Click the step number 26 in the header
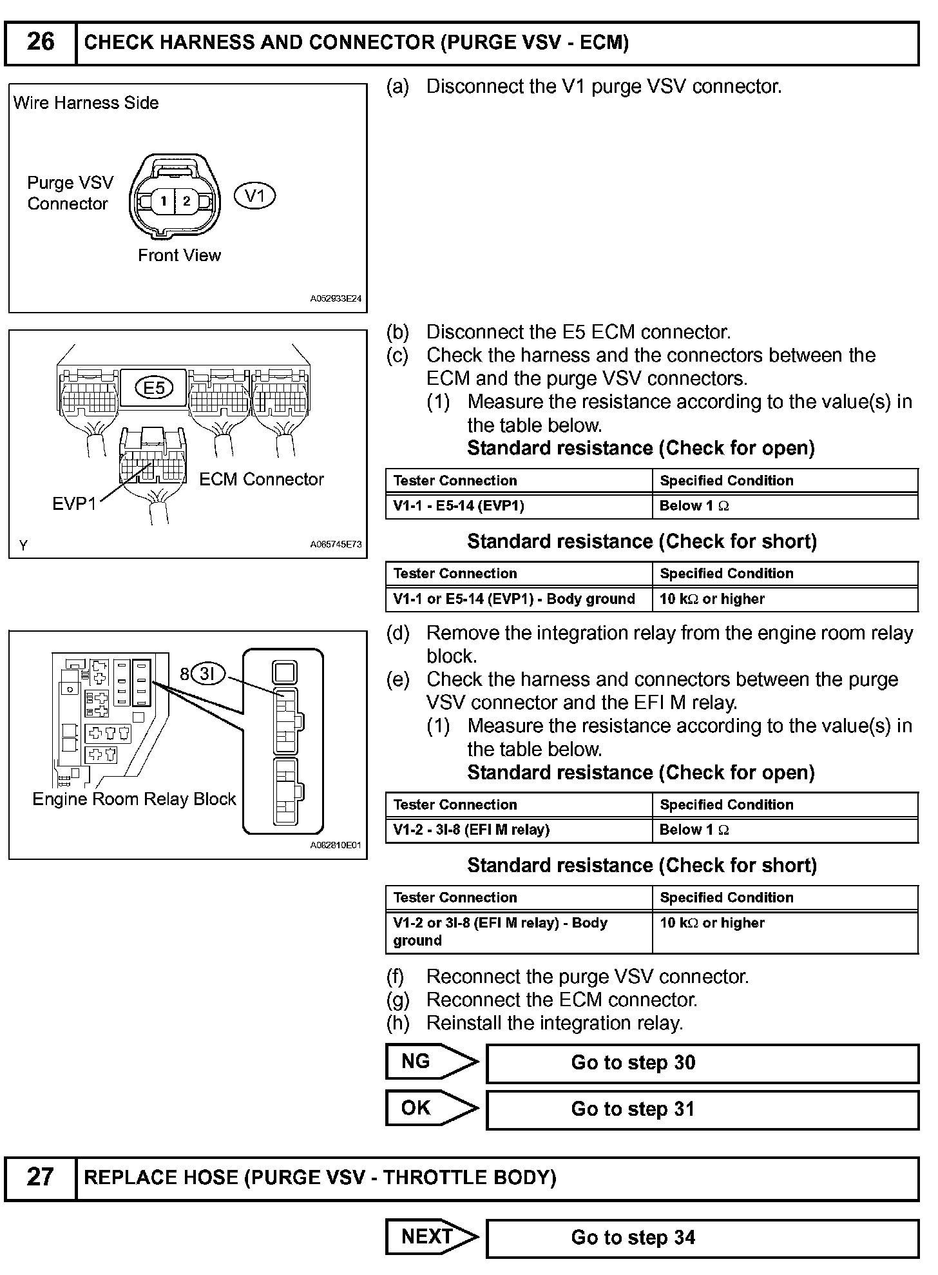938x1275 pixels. [40, 43]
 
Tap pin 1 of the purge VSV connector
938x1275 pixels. [164, 201]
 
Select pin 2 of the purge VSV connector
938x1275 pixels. [186, 201]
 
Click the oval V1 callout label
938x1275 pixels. [255, 195]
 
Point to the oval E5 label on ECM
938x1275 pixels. [155, 387]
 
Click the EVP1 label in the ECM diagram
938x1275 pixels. [73, 503]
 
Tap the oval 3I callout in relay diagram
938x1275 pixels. [207, 674]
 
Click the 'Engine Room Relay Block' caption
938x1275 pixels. [134, 799]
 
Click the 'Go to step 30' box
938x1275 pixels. [702, 1063]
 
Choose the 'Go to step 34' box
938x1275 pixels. [702, 1238]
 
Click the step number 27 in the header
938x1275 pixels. [40, 1177]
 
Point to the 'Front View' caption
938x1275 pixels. [179, 255]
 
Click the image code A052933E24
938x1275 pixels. [336, 299]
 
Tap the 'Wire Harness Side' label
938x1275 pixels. [86, 103]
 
